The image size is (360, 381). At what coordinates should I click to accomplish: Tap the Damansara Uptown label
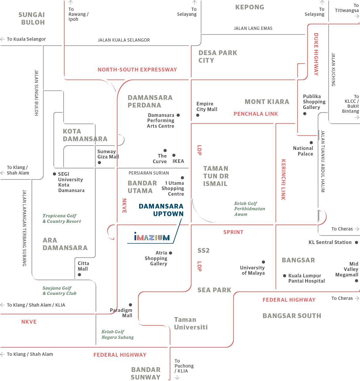click(x=161, y=210)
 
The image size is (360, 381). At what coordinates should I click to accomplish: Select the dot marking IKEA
click(x=174, y=155)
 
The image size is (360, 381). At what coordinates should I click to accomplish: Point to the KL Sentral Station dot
click(x=356, y=242)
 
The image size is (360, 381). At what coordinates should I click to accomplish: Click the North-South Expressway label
click(x=137, y=70)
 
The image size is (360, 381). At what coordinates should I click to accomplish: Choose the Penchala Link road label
click(x=256, y=114)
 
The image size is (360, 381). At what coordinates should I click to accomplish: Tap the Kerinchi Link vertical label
click(x=283, y=180)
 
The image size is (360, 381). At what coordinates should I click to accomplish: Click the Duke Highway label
click(x=316, y=54)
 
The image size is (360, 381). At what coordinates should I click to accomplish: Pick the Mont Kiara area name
click(x=267, y=102)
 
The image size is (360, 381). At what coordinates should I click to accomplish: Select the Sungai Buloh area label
click(x=32, y=18)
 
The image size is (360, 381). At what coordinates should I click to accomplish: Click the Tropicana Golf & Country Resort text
click(x=62, y=218)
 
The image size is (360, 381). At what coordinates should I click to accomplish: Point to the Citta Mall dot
click(x=79, y=275)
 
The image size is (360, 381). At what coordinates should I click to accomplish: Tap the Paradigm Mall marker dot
click(x=130, y=305)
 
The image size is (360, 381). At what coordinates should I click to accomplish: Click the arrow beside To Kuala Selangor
click(x=3, y=39)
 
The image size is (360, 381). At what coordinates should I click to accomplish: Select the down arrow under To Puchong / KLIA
click(x=177, y=377)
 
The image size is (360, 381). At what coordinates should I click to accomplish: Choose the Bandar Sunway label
click(x=146, y=373)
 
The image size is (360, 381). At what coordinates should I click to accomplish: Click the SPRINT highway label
click(x=233, y=232)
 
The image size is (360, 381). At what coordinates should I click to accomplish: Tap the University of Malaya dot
click(x=264, y=262)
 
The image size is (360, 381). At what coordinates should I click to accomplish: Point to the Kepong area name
click(x=250, y=7)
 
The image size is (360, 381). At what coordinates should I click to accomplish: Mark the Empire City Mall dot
click(x=198, y=115)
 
